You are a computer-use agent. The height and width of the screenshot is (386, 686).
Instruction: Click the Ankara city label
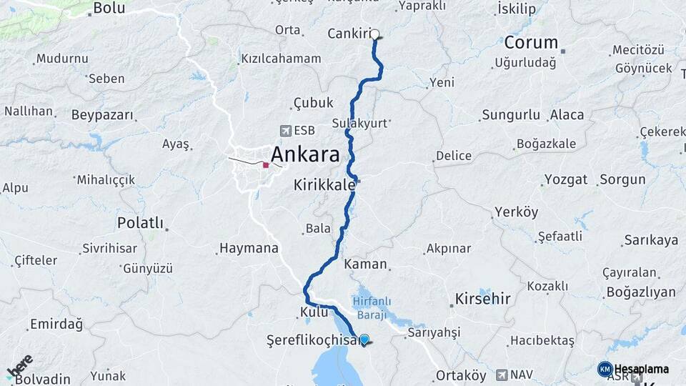[x=304, y=154]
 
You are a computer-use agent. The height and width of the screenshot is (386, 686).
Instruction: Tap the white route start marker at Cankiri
[x=374, y=34]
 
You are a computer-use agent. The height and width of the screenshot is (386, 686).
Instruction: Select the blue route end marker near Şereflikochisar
[x=364, y=340]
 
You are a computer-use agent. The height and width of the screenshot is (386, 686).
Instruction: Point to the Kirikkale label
[x=324, y=184]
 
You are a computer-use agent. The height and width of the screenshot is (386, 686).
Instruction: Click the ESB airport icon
[x=287, y=131]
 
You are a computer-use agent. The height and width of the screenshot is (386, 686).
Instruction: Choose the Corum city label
[x=531, y=41]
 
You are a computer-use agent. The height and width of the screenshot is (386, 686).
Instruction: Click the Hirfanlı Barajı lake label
[x=369, y=308]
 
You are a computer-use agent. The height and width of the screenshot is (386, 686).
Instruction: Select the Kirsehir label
[x=483, y=298]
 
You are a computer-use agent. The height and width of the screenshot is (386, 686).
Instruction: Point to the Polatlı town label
[x=140, y=223]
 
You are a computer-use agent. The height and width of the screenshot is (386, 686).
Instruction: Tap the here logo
[x=19, y=365]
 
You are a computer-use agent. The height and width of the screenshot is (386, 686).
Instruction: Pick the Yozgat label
[x=565, y=179]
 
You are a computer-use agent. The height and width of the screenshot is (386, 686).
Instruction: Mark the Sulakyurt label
[x=359, y=123]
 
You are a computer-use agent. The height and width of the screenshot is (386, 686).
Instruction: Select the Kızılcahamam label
[x=281, y=58]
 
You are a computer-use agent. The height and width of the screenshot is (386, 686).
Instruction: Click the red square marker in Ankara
[x=266, y=165]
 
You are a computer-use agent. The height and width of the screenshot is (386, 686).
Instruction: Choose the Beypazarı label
[x=102, y=114]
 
